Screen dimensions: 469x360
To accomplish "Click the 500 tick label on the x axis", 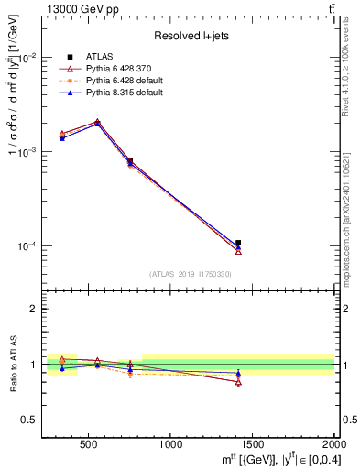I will click(x=89, y=443).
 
